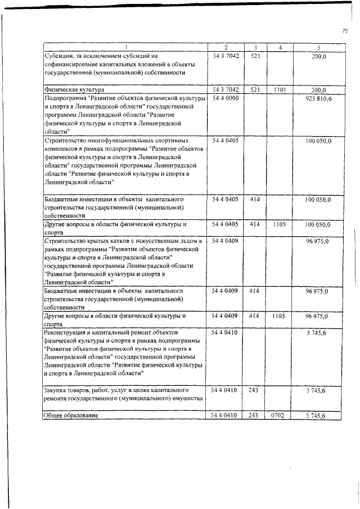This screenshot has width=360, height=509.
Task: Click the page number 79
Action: [x=344, y=30]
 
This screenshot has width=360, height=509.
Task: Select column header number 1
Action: [x=125, y=47]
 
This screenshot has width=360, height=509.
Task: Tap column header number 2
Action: [x=226, y=47]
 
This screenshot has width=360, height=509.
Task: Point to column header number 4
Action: [x=280, y=47]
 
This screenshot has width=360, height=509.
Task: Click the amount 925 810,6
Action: [x=319, y=98]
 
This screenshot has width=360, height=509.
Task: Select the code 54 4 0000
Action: [x=226, y=98]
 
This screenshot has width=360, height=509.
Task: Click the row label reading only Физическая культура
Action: [x=74, y=90]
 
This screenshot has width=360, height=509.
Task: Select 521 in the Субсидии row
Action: [x=254, y=56]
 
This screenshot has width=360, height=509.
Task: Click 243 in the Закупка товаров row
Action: [x=254, y=389]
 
